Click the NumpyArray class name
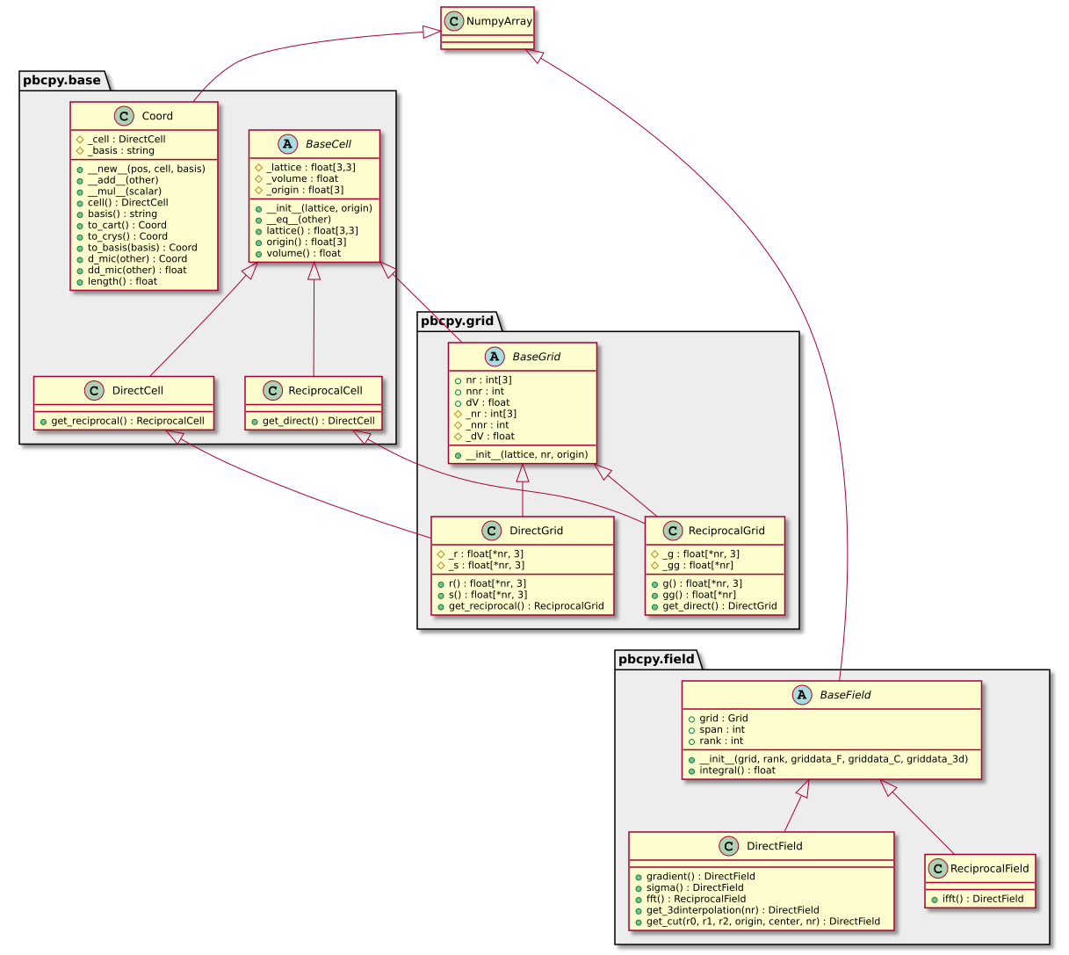(x=499, y=21)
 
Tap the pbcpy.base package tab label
(x=60, y=81)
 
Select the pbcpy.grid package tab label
(x=457, y=321)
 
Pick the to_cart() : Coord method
(x=127, y=225)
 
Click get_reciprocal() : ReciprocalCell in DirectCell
(x=127, y=421)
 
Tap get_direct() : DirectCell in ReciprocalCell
(x=318, y=421)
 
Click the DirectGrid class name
(x=536, y=531)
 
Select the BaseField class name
(x=845, y=695)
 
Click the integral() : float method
(x=737, y=771)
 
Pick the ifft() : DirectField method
(x=985, y=899)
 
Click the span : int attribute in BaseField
(x=722, y=729)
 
